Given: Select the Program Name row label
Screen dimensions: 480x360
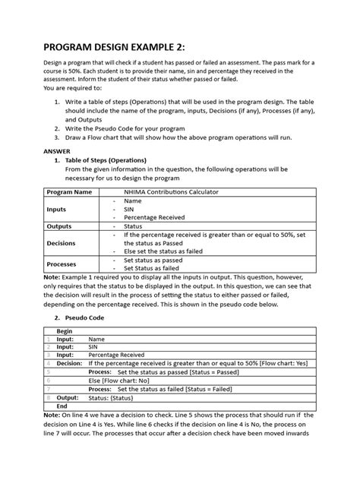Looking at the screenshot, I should [x=69, y=192].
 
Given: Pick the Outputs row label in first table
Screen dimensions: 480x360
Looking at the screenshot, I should [x=59, y=226].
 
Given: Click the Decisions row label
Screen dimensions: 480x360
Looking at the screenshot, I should [x=62, y=243].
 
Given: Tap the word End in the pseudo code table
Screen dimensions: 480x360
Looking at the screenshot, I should [x=62, y=406].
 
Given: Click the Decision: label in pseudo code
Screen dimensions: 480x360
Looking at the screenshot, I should [x=69, y=364].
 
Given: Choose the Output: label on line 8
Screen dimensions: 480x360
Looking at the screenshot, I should [x=68, y=397].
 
